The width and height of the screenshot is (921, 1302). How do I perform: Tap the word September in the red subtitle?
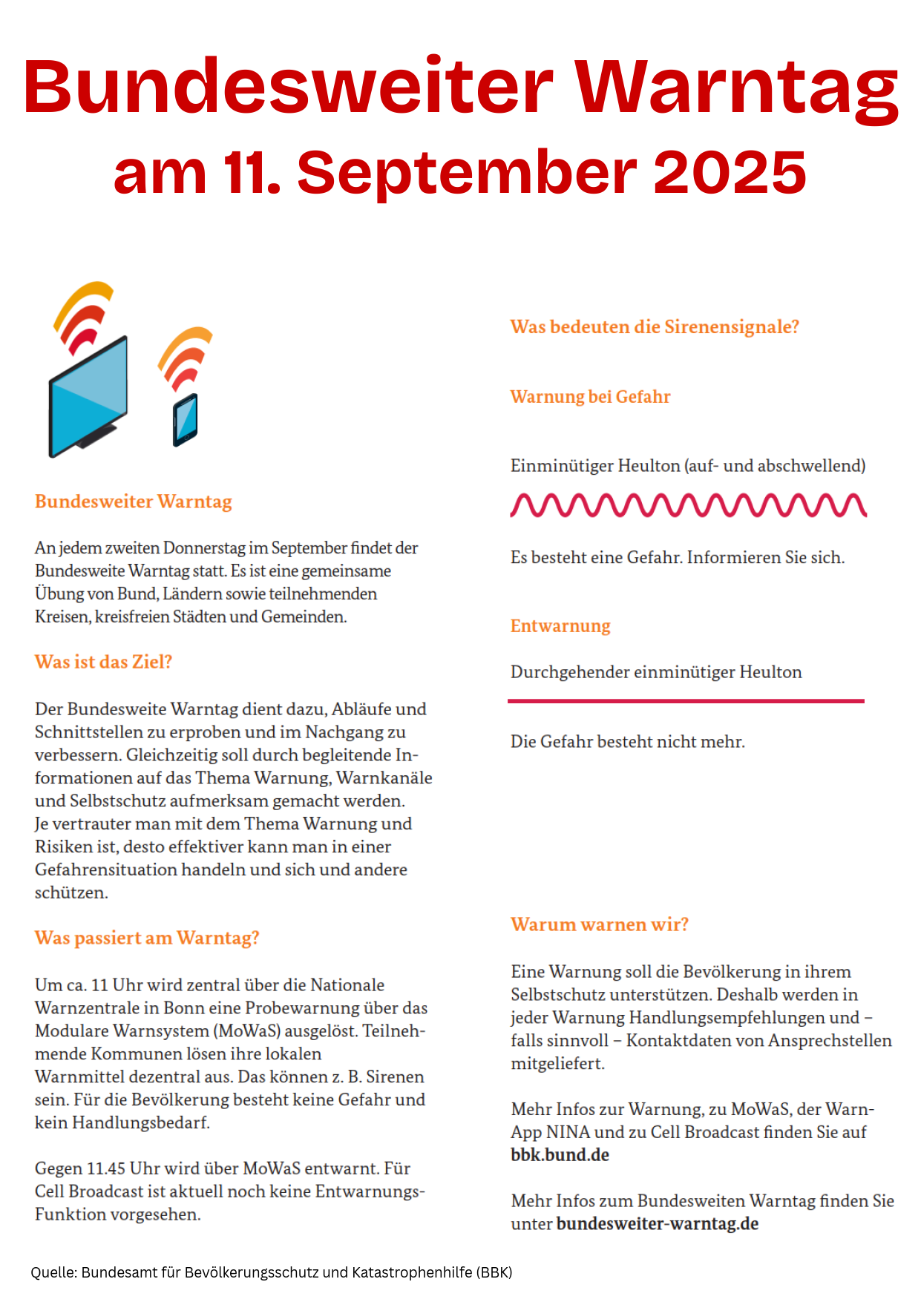468,172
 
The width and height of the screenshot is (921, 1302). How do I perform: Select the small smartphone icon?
185,420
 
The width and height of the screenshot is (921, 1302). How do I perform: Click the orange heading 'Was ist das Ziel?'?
103,662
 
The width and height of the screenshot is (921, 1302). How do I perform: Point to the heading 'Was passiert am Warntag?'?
147,938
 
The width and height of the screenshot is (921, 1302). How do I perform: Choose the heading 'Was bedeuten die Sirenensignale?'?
655,327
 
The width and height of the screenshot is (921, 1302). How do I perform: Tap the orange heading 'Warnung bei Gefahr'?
590,397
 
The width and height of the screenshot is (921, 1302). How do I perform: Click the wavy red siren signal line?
688,505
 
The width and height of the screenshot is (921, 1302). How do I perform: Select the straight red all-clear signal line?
686,700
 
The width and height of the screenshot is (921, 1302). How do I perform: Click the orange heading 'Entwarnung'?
560,626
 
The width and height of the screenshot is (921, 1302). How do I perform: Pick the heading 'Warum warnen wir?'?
600,924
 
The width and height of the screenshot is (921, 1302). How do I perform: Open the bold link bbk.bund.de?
560,1155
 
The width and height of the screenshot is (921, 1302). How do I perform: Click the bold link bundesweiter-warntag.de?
658,1223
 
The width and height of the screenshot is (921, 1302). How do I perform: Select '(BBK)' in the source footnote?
493,1272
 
